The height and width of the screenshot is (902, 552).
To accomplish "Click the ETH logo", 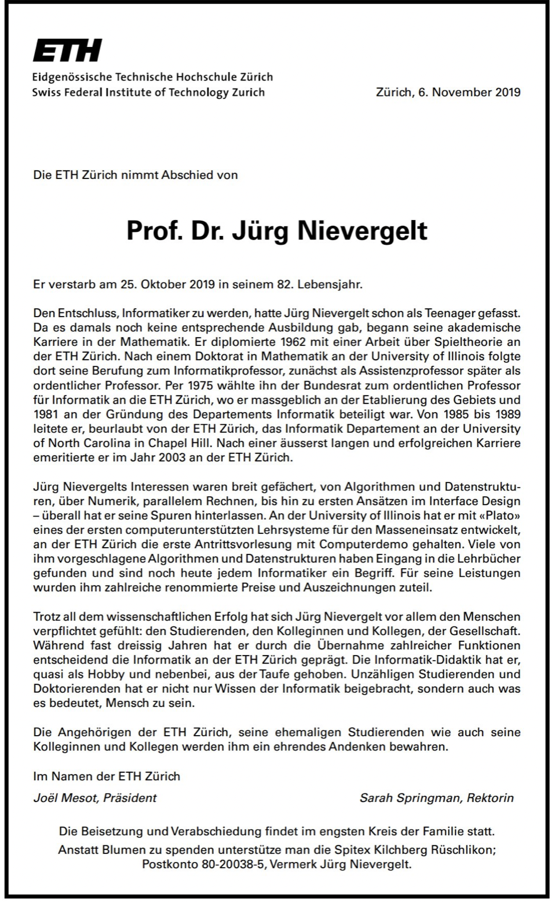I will tap(67, 50).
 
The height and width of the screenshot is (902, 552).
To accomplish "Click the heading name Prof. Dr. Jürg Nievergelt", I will tap(277, 230).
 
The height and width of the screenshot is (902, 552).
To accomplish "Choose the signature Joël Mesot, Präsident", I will tap(95, 798).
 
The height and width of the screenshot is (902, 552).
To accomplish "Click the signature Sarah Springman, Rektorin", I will tap(437, 798).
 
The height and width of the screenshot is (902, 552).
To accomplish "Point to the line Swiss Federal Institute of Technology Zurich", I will tap(149, 92).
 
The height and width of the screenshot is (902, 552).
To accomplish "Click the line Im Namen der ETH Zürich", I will tap(107, 776).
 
